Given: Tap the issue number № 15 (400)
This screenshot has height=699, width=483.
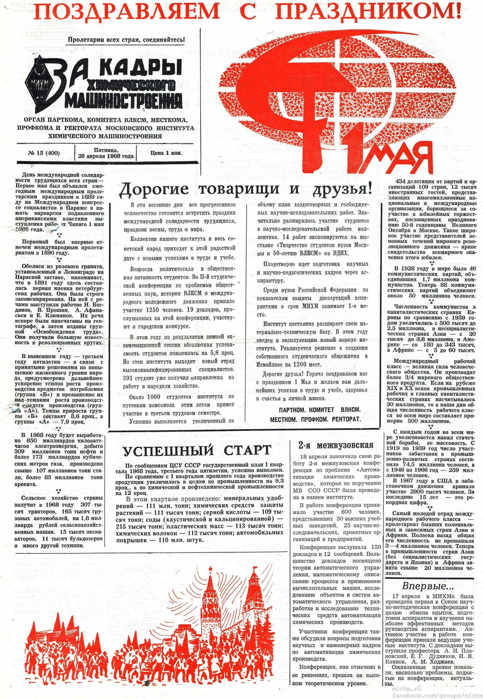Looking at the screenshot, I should (x=44, y=153).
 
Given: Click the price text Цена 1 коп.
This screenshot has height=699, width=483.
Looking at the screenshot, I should (x=166, y=153).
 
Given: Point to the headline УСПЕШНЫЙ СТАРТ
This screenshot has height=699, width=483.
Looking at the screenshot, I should (x=196, y=450).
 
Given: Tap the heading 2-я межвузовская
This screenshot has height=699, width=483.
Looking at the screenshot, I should (x=336, y=445).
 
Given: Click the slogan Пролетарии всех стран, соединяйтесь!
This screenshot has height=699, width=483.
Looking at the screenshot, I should (x=126, y=39).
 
